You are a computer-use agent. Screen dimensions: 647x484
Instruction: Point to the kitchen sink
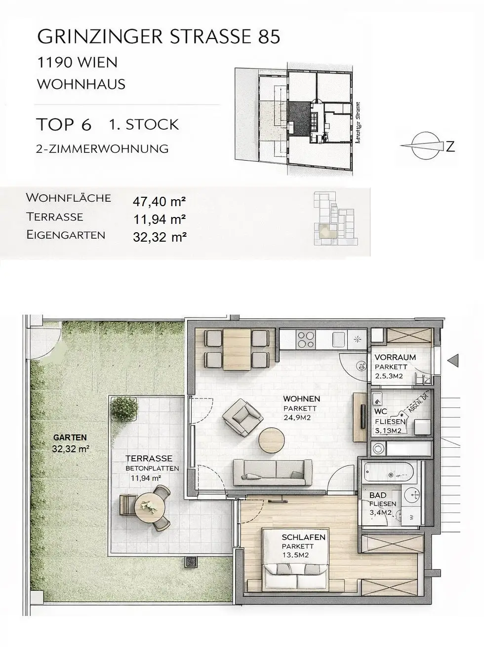pyautogui.click(x=339, y=339)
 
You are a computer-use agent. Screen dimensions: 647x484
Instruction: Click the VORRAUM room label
pyautogui.click(x=395, y=357)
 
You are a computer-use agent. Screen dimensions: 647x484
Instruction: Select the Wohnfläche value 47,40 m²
pyautogui.click(x=159, y=201)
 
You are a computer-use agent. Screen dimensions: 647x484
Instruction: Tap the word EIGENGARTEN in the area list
pyautogui.click(x=66, y=235)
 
